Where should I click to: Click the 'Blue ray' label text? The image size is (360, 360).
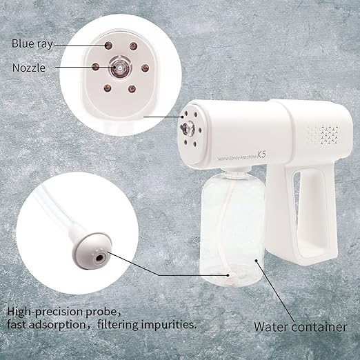tap(32, 43)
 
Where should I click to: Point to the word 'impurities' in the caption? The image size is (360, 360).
tap(167, 323)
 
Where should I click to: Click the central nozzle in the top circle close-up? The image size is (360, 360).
tap(116, 68)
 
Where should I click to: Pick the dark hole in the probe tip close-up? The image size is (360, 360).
tap(102, 256)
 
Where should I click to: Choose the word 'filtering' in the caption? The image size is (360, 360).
tap(120, 323)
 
